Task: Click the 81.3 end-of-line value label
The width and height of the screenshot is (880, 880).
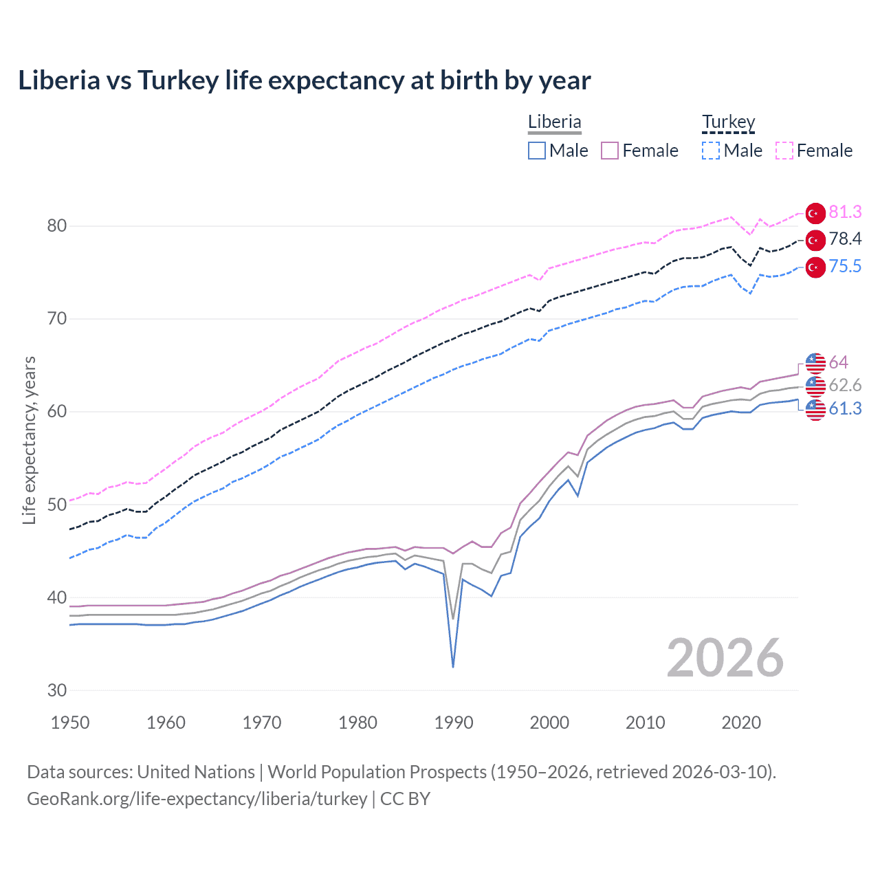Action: [x=845, y=212]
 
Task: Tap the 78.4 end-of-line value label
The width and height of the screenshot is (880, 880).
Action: [x=845, y=239]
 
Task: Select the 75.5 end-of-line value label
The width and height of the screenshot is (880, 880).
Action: [x=845, y=266]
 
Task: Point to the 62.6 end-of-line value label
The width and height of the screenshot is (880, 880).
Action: [x=845, y=385]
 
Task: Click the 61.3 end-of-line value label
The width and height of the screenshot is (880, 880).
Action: [x=845, y=408]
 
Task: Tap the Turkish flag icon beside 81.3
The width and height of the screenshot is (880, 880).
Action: [x=815, y=213]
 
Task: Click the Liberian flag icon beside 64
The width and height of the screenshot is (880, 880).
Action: [x=815, y=362]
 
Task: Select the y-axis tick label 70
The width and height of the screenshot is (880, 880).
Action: [x=57, y=318]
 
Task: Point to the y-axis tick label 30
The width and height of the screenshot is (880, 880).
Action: [x=57, y=690]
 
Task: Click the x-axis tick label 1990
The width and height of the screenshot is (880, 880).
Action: [x=454, y=723]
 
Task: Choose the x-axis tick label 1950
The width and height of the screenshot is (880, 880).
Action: [x=71, y=723]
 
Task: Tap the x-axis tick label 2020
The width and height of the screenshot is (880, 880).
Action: [x=741, y=723]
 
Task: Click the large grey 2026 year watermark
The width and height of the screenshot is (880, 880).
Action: [x=725, y=658]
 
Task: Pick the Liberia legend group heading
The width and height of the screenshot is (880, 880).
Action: [x=554, y=122]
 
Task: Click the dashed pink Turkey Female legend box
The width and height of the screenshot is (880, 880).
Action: [x=784, y=151]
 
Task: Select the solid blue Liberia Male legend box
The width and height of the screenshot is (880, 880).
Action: [x=537, y=151]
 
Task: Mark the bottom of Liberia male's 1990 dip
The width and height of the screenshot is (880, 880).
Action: [x=453, y=666]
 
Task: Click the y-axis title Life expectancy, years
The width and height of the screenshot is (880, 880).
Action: [x=29, y=440]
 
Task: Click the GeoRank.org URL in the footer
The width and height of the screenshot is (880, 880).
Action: [x=197, y=799]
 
